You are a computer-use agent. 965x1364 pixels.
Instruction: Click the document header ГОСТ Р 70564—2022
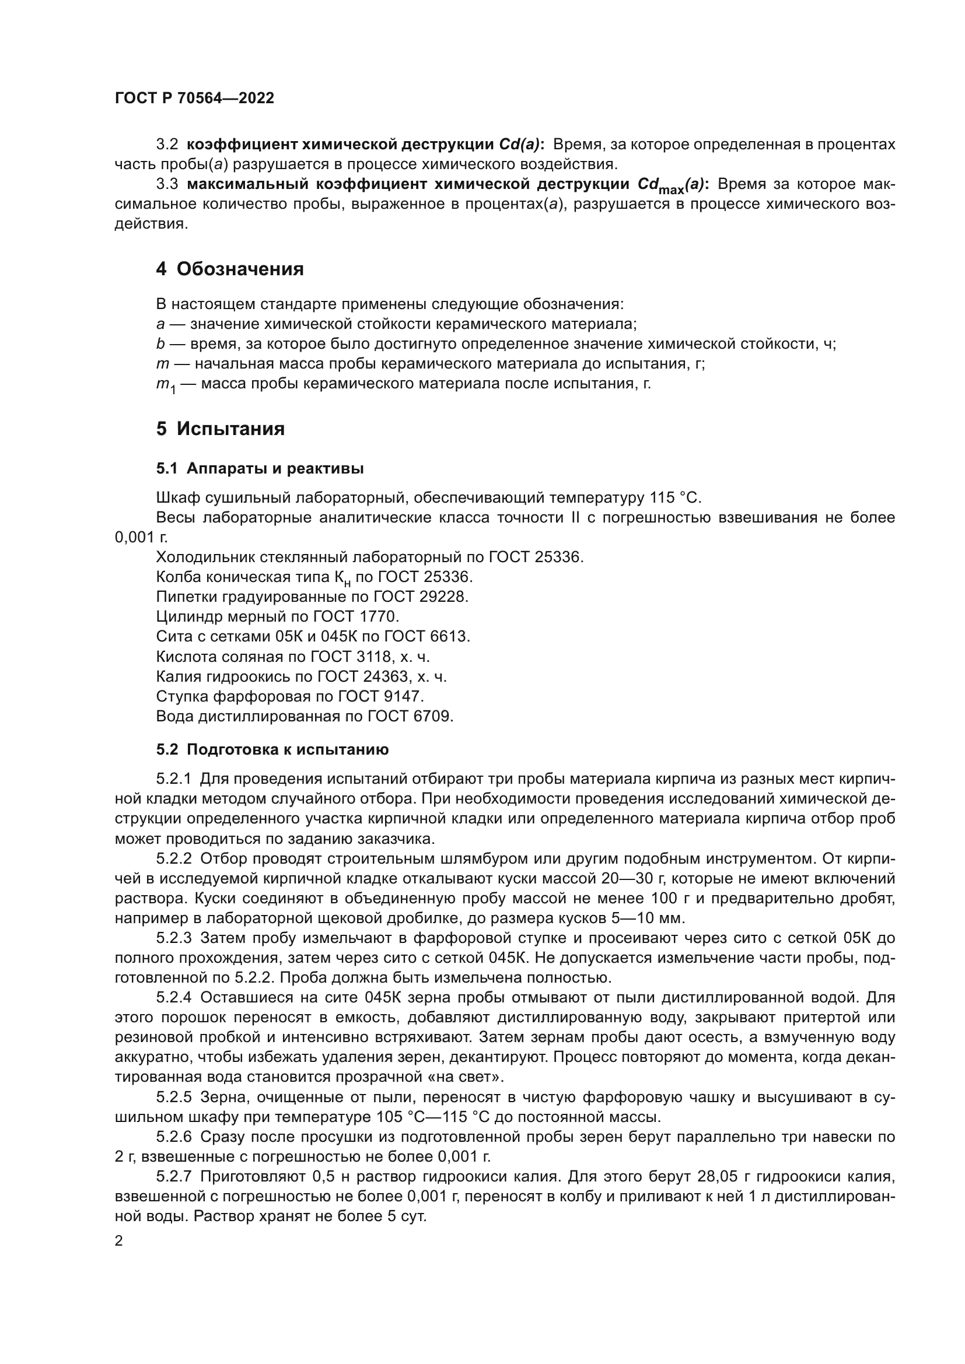(194, 99)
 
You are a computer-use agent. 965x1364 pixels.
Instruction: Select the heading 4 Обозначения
(229, 269)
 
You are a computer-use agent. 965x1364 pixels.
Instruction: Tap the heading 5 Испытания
(220, 429)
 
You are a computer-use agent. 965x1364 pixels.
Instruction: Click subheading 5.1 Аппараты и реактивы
(260, 469)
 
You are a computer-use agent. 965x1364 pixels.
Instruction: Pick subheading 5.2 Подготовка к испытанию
(272, 750)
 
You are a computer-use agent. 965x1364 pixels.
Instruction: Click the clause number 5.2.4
(174, 997)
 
